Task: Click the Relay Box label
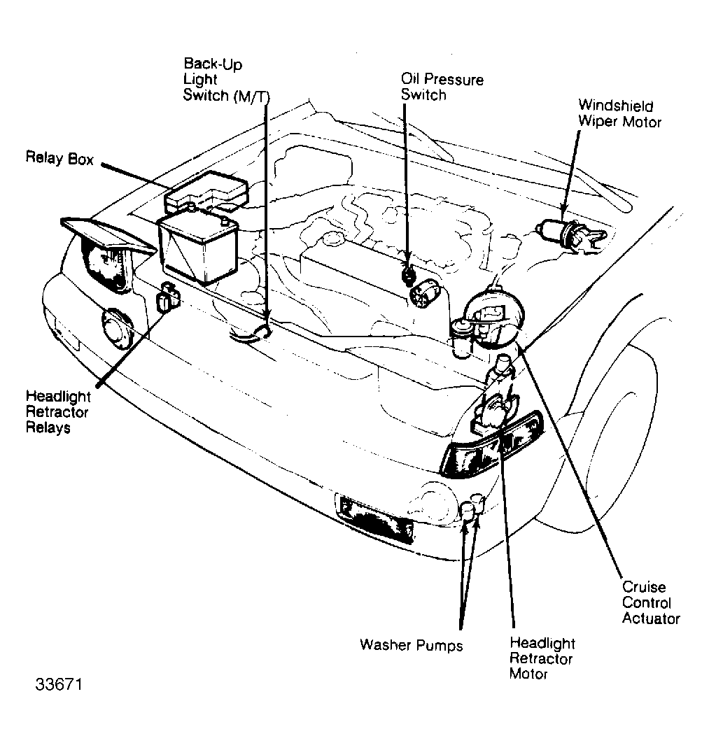click(x=59, y=158)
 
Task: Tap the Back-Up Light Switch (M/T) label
click(x=226, y=80)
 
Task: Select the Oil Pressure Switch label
click(x=442, y=87)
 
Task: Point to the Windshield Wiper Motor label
click(x=619, y=113)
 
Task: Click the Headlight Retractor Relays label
click(x=58, y=412)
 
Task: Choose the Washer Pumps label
click(x=411, y=645)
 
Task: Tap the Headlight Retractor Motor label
click(x=542, y=658)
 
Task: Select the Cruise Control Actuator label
click(x=651, y=602)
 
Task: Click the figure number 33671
click(x=59, y=684)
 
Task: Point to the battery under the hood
click(x=198, y=248)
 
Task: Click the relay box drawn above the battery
click(x=206, y=192)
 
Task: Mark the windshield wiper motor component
click(x=571, y=234)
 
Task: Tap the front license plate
click(x=374, y=519)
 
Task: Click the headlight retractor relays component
click(x=168, y=297)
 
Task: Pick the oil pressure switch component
click(x=408, y=275)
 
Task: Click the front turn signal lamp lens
click(x=491, y=445)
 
